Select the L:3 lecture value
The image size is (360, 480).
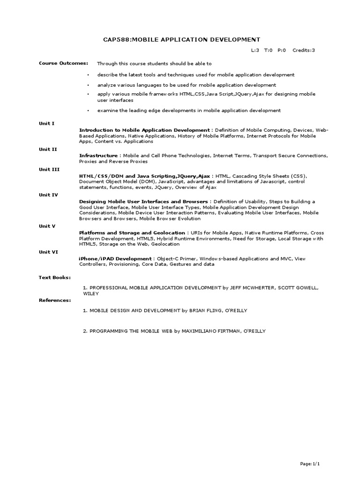(255, 50)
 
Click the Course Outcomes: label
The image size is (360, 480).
(63, 63)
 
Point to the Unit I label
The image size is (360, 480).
(46, 123)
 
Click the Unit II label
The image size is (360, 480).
(48, 149)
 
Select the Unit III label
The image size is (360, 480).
(49, 169)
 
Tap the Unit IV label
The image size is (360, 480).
(48, 195)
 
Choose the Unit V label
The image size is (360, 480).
(47, 226)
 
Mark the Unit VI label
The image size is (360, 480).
(48, 252)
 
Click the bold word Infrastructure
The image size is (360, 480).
(98, 155)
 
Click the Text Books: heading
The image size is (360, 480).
(54, 277)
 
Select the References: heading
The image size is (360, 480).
(55, 300)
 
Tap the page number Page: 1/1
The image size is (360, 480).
(310, 464)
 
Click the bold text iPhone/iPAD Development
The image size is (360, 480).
(115, 258)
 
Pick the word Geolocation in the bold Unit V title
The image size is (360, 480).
(170, 232)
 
